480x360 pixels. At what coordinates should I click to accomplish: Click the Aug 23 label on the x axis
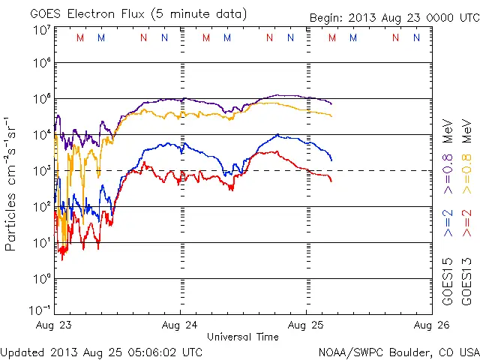point(55,325)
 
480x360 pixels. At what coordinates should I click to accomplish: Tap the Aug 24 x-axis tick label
point(180,325)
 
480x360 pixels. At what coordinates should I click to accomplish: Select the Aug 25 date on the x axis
point(306,325)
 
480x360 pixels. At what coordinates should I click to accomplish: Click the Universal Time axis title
point(242,337)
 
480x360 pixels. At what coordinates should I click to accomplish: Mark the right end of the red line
point(331,181)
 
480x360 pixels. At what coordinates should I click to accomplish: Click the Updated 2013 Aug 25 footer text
point(101,352)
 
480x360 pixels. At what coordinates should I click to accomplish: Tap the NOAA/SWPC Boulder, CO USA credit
point(398,352)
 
